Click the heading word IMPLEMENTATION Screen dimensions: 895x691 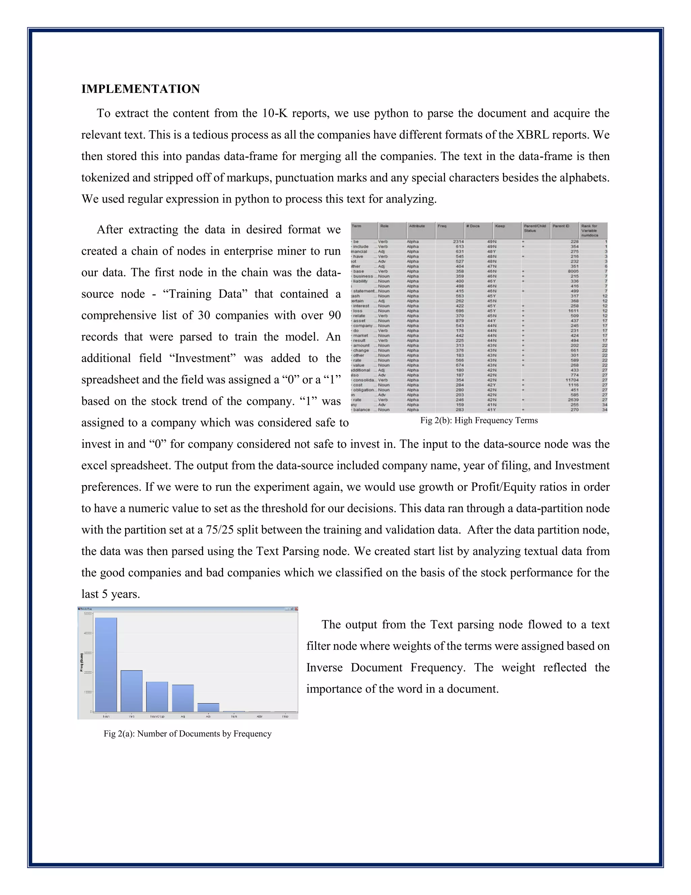coord(140,89)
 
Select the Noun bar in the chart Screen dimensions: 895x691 coord(106,664)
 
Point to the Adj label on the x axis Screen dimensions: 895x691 coord(183,717)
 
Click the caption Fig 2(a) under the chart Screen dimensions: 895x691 coord(188,734)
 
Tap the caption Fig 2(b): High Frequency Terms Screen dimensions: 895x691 coord(479,420)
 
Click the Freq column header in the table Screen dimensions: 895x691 coord(442,226)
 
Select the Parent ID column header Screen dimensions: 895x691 coord(561,226)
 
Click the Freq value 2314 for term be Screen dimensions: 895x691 coord(458,242)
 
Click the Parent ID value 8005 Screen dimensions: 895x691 coord(573,271)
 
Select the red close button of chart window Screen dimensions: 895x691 coord(296,609)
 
